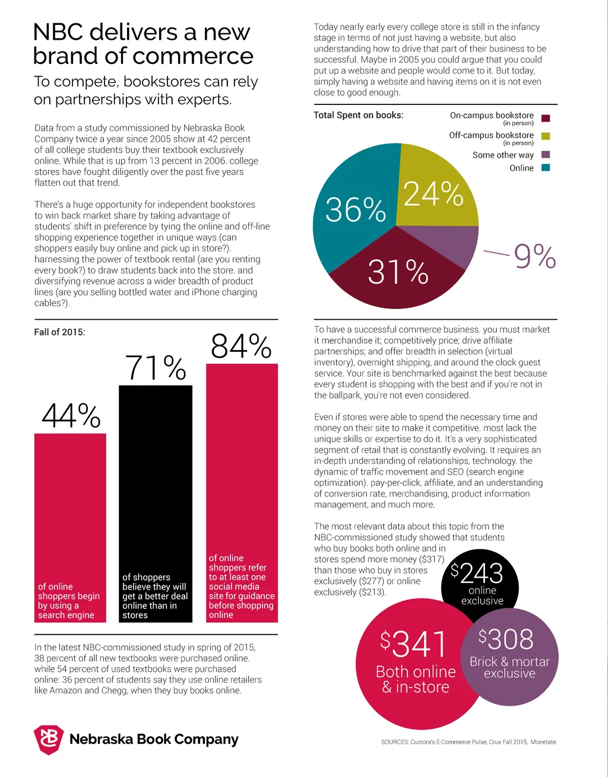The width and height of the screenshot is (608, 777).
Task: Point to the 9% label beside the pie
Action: pos(534,257)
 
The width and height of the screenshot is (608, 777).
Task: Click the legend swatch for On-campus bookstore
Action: pos(546,119)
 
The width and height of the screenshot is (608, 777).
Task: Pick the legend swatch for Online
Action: pos(546,168)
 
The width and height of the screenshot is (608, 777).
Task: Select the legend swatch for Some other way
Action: pos(546,155)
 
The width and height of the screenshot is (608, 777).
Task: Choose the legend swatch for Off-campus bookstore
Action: pos(546,136)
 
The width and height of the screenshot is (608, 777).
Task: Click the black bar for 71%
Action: pos(156,486)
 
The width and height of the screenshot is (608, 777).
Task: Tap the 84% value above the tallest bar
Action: pos(241,346)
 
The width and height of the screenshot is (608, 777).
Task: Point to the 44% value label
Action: pos(71,415)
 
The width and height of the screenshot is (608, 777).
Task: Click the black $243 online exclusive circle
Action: pos(482,581)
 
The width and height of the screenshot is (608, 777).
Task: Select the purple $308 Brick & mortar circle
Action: pos(511,658)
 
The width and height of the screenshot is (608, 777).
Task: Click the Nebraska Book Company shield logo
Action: pos(49,740)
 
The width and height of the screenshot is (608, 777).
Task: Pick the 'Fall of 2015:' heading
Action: pos(59,332)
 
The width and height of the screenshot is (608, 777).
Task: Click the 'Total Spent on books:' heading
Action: pos(358,115)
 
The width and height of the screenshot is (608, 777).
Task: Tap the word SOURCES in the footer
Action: pos(394,742)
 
